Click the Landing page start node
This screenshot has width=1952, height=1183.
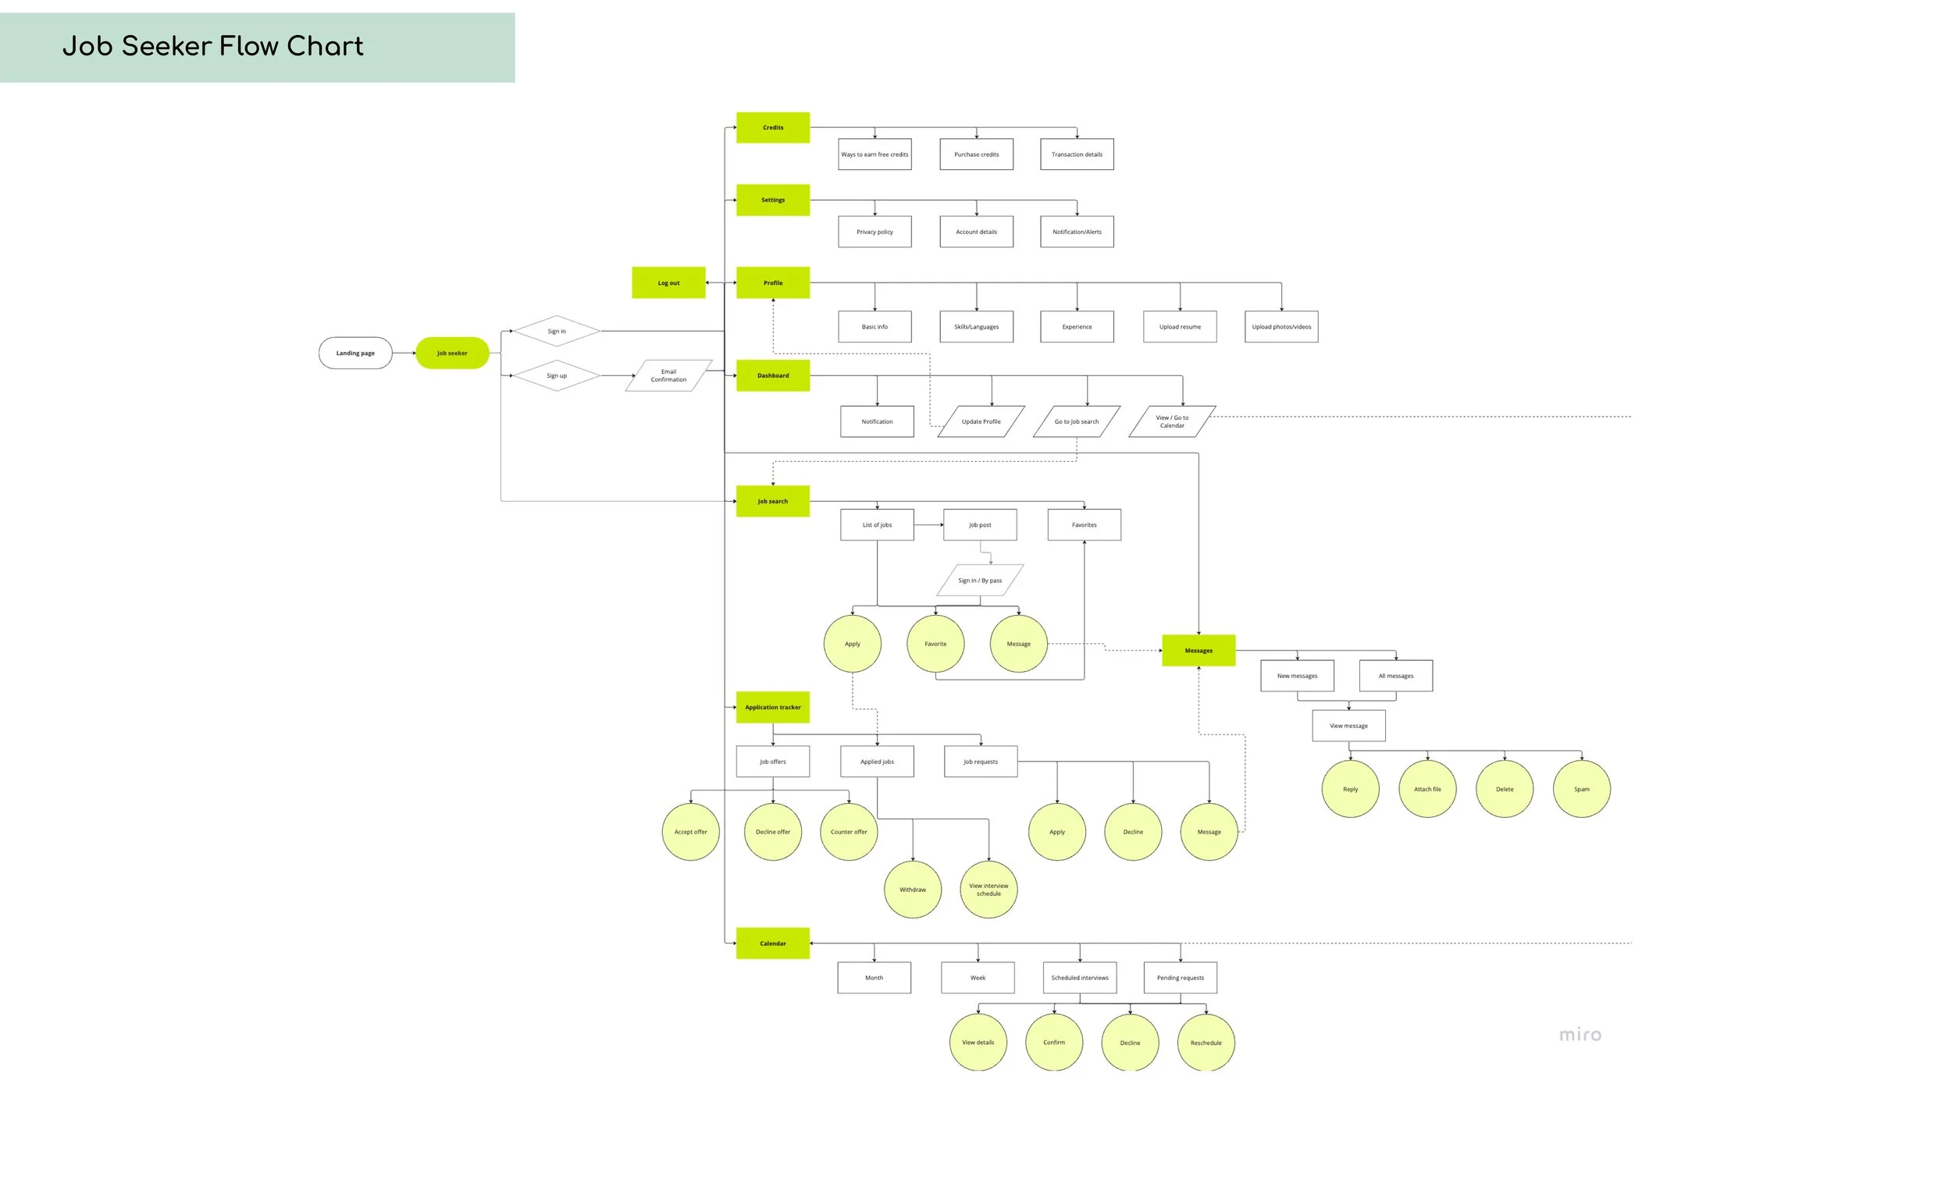coord(355,353)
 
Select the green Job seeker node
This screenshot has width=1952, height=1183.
coord(451,353)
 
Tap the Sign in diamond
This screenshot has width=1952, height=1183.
coord(556,331)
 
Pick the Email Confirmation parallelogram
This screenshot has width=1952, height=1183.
coord(668,375)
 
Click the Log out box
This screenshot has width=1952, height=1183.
coord(668,282)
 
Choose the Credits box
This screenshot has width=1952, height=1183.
coord(772,127)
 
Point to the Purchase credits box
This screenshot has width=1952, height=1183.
coord(976,155)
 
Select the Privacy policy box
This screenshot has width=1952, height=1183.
coord(874,232)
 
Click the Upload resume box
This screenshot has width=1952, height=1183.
coord(1180,326)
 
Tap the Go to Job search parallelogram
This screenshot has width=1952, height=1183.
coord(1077,421)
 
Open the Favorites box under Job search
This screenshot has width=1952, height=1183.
coord(1084,525)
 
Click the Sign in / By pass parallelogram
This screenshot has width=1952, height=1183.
coord(980,581)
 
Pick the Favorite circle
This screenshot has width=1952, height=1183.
coord(935,644)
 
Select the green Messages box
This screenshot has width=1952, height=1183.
coord(1198,650)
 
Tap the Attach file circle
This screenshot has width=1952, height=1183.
coord(1427,789)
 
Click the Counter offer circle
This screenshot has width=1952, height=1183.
coord(849,831)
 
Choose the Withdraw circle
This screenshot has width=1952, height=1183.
coord(912,890)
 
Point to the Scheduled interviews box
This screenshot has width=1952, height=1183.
coord(1079,977)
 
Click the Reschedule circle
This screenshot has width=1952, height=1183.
coord(1206,1042)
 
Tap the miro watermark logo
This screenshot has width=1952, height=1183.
coord(1580,1034)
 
